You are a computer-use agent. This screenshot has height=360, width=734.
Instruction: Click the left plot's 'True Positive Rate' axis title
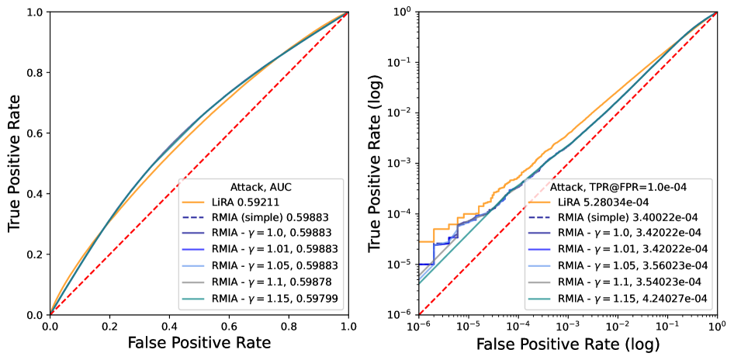click(14, 164)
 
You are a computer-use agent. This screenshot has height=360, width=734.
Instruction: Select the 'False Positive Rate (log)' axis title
click(568, 343)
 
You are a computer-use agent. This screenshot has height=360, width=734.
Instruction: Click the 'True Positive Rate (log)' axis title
click(375, 164)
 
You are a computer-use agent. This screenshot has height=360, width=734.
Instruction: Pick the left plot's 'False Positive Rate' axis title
click(199, 343)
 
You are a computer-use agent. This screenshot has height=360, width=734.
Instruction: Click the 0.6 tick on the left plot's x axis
click(230, 327)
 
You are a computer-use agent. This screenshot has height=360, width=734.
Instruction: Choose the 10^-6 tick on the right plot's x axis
click(419, 327)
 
